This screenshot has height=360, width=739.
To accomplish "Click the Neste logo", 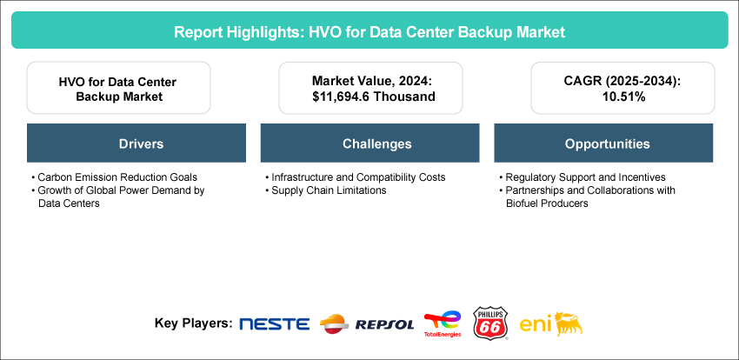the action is (x=274, y=324).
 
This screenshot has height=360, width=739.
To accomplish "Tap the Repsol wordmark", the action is (x=384, y=324).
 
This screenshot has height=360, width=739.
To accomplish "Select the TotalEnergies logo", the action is (x=442, y=324).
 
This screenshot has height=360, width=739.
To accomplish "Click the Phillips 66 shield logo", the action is (x=490, y=323).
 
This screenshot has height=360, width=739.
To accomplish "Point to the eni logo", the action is (x=551, y=324).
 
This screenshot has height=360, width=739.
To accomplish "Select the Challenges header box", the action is (x=370, y=143).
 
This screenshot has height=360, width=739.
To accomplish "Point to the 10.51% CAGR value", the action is (x=622, y=97).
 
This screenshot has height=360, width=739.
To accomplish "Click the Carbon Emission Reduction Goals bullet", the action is (x=114, y=177).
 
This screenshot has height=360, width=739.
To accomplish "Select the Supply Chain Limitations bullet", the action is (x=326, y=190).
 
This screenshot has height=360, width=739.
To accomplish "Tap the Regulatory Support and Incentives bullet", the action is (x=582, y=177).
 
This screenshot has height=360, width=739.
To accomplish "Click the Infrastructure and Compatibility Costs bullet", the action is (x=356, y=177).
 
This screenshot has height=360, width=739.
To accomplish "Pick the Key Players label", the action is (x=193, y=324).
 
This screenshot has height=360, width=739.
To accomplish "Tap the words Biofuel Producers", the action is (x=543, y=204).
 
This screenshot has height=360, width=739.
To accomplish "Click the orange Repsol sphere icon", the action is (x=334, y=324).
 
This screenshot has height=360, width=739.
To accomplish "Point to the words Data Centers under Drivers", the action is (x=69, y=204).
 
